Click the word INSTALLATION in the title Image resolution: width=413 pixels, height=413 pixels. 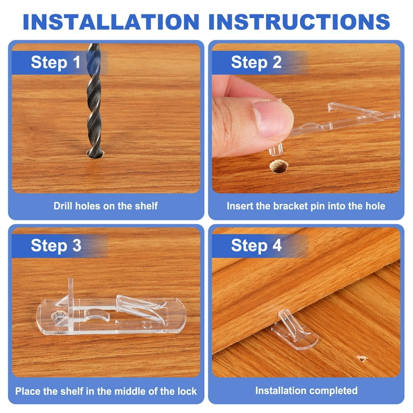click(x=111, y=22)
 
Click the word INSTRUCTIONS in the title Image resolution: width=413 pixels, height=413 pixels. click(x=299, y=22)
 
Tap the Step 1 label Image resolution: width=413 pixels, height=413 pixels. click(x=55, y=62)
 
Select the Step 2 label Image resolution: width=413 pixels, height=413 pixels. click(x=257, y=62)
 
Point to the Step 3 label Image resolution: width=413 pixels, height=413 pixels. click(x=56, y=245)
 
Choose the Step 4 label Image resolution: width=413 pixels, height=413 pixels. click(x=257, y=245)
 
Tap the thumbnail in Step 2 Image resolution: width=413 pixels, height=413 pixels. click(x=272, y=118)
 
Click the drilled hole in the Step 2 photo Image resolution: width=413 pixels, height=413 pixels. click(x=279, y=167)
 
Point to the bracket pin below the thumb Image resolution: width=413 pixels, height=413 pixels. click(x=276, y=149)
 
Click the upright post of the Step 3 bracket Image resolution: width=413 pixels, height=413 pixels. click(x=70, y=303)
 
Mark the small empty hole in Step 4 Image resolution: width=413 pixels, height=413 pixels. click(x=362, y=358)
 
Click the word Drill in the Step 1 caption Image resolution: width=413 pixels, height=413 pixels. click(x=63, y=206)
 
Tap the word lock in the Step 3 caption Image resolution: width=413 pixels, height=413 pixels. click(x=187, y=391)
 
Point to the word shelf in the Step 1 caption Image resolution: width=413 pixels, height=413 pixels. click(x=146, y=206)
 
